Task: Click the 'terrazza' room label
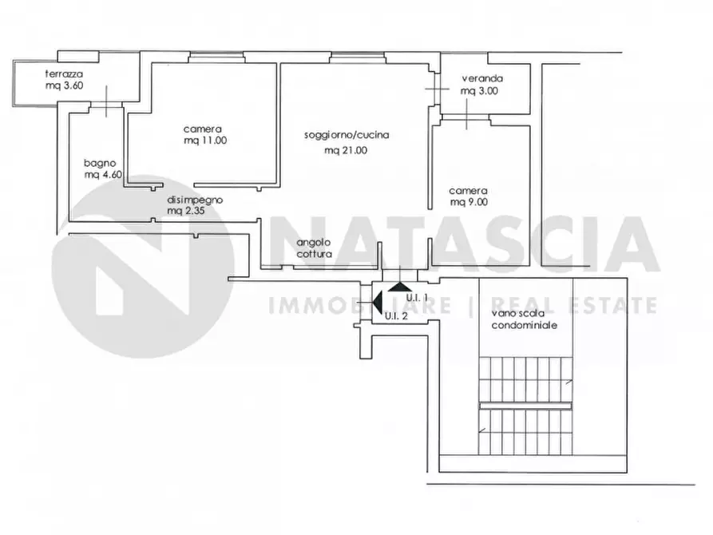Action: pyautogui.click(x=64, y=73)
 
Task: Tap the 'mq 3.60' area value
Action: pyautogui.click(x=64, y=85)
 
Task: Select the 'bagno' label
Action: pyautogui.click(x=100, y=164)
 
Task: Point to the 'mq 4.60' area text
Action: pyautogui.click(x=103, y=175)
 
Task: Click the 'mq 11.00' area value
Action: pyautogui.click(x=205, y=141)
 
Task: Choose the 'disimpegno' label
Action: pyautogui.click(x=195, y=200)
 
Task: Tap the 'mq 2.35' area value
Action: pyautogui.click(x=185, y=211)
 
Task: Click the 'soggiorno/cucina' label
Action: pyautogui.click(x=347, y=135)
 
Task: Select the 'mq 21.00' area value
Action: pyautogui.click(x=346, y=151)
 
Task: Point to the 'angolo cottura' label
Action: pyautogui.click(x=314, y=248)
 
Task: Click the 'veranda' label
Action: pyautogui.click(x=482, y=79)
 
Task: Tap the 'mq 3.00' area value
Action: pyautogui.click(x=479, y=91)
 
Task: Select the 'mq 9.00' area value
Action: pyautogui.click(x=469, y=203)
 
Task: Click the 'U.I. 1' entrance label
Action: pyautogui.click(x=417, y=298)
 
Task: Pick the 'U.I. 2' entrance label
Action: pyautogui.click(x=396, y=316)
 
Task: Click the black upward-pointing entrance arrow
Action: pyautogui.click(x=400, y=287)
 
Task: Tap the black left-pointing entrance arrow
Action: pyautogui.click(x=377, y=302)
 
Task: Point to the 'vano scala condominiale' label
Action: pyautogui.click(x=525, y=319)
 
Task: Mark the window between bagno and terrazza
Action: pyautogui.click(x=106, y=105)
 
